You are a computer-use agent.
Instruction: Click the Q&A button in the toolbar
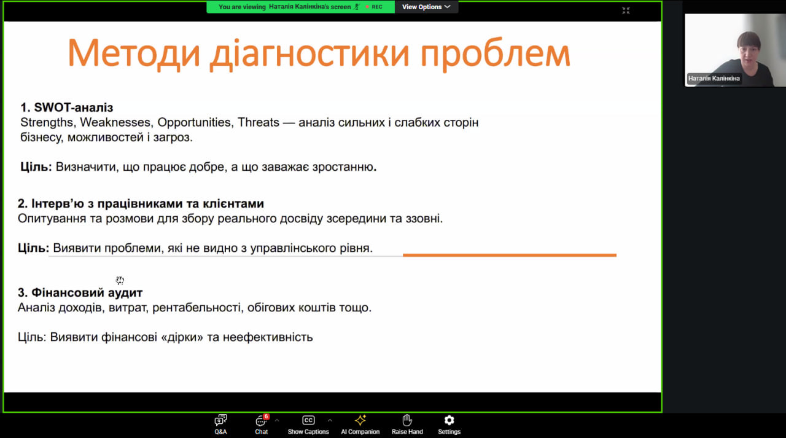click(220, 424)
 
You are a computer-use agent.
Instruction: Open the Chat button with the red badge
click(262, 424)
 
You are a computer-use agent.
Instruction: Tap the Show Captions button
click(308, 424)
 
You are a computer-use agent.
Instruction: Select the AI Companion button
click(360, 424)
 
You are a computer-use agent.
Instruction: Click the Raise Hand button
click(407, 424)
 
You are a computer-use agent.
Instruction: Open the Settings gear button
click(449, 424)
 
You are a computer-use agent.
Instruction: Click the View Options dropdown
click(426, 7)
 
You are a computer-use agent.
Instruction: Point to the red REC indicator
click(374, 7)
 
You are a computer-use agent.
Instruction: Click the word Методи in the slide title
click(134, 53)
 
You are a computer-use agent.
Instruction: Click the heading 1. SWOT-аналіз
click(67, 108)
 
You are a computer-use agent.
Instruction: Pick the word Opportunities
click(195, 122)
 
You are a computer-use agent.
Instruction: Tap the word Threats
click(259, 122)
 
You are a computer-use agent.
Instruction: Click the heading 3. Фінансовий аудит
click(80, 292)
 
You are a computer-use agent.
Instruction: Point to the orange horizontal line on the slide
click(510, 255)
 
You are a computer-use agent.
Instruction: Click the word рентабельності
click(198, 307)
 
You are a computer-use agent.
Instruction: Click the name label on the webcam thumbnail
click(714, 78)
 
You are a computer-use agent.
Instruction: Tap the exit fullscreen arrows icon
click(626, 11)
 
